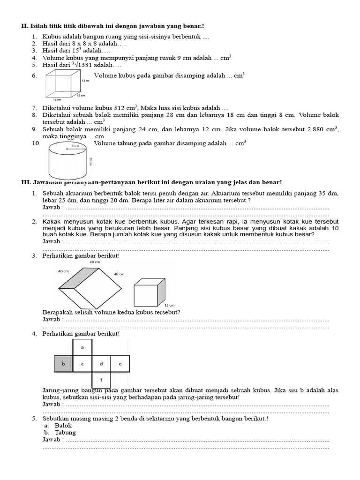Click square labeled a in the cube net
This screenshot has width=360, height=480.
pyautogui.click(x=82, y=347)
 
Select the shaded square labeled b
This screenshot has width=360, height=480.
pyautogui.click(x=64, y=364)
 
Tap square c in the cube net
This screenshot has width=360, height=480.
pyautogui.click(x=82, y=364)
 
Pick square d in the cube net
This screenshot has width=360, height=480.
pyautogui.click(x=101, y=364)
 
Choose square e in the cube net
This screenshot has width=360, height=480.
pyautogui.click(x=120, y=364)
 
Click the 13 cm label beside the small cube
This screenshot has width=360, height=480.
pyautogui.click(x=169, y=305)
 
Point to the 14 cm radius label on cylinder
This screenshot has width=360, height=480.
pyautogui.click(x=75, y=146)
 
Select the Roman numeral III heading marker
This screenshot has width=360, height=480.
pyautogui.click(x=25, y=182)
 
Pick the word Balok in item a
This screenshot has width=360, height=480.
pyautogui.click(x=63, y=425)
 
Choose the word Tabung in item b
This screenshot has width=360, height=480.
pyautogui.click(x=65, y=432)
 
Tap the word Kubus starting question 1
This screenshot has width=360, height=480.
pyautogui.click(x=51, y=36)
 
